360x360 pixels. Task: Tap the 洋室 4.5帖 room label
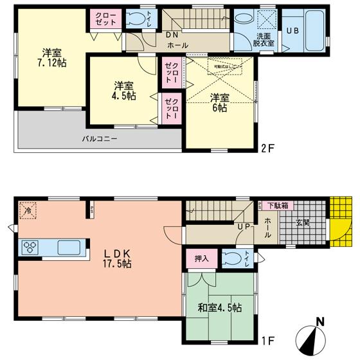pyautogui.click(x=125, y=90)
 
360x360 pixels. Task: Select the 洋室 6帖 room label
pyautogui.click(x=220, y=103)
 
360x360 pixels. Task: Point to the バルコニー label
pyautogui.click(x=99, y=139)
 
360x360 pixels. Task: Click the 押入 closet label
pyautogui.click(x=201, y=258)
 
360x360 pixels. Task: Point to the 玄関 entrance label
pyautogui.click(x=303, y=222)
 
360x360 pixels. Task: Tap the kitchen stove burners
pyautogui.click(x=32, y=247)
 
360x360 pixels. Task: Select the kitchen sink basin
pyautogui.click(x=67, y=247)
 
